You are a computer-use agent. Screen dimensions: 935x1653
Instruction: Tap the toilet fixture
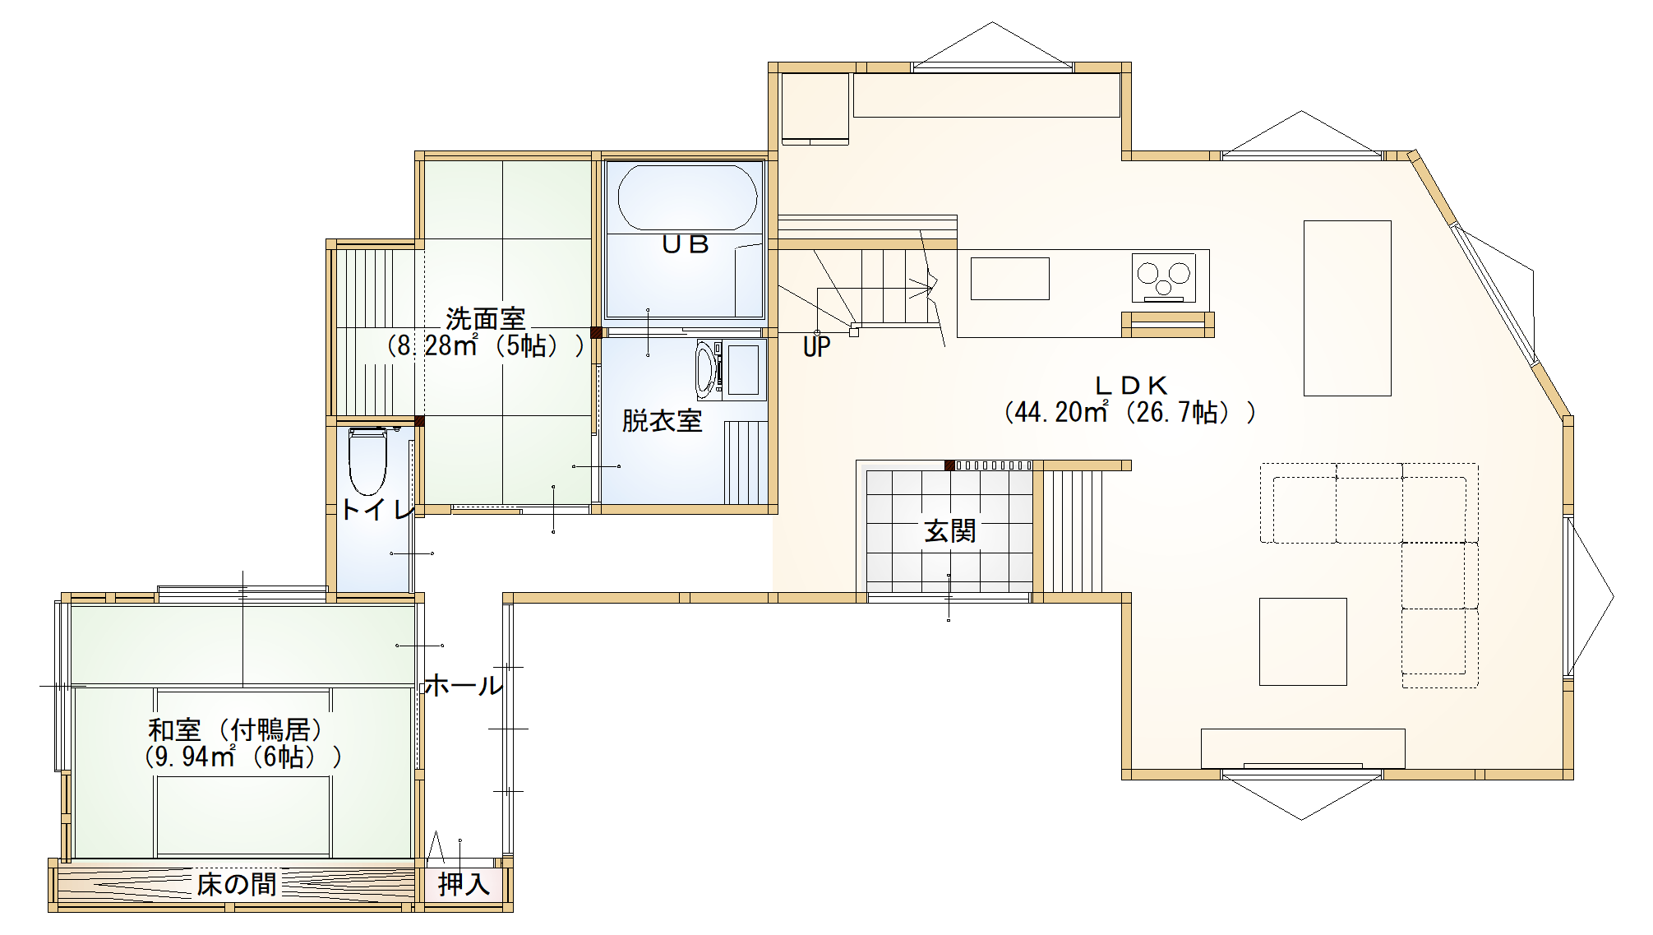(367, 460)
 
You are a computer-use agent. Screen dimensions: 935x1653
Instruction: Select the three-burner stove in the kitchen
(1163, 277)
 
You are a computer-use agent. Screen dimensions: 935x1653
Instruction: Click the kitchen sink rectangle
(1009, 278)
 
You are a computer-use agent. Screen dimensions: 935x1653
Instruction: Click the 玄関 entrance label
(949, 531)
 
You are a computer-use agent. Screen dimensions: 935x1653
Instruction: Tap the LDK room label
(1131, 385)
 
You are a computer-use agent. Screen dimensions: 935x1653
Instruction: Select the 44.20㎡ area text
(1129, 412)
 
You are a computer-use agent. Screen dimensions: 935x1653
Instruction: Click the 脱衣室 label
(662, 421)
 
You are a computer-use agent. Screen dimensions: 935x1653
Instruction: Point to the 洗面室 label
(485, 318)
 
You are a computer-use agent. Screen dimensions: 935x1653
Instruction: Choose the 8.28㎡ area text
(485, 346)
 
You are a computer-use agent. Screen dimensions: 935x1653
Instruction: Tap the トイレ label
(376, 511)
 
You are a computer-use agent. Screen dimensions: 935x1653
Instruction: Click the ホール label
(462, 686)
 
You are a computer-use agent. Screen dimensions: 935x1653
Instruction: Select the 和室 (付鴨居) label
(236, 729)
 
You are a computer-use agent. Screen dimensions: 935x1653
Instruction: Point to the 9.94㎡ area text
(242, 757)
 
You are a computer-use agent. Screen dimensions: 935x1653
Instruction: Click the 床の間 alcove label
(236, 885)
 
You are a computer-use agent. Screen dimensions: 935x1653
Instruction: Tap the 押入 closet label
(464, 885)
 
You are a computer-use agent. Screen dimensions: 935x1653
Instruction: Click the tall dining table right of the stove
(1346, 308)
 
